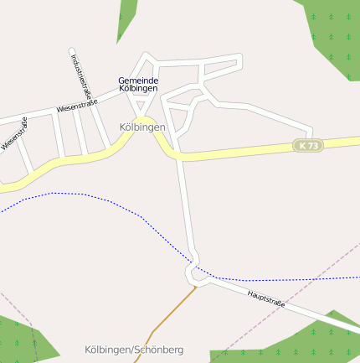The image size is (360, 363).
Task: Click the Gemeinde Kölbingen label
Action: pos(138,84)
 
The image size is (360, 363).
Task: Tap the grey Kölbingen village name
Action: pos(142,127)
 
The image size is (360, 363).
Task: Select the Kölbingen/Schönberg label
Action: pos(134,349)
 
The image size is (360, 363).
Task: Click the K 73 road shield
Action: pos(308,146)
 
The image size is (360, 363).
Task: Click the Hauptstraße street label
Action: pos(266,298)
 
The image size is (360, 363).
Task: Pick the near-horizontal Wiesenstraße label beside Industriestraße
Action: pos(77,106)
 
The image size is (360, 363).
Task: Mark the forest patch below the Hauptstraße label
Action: pos(301,344)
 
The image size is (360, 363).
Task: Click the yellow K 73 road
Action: pos(243,152)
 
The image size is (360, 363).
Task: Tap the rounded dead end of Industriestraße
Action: pos(71,50)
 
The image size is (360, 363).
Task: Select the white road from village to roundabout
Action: pos(185,210)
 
